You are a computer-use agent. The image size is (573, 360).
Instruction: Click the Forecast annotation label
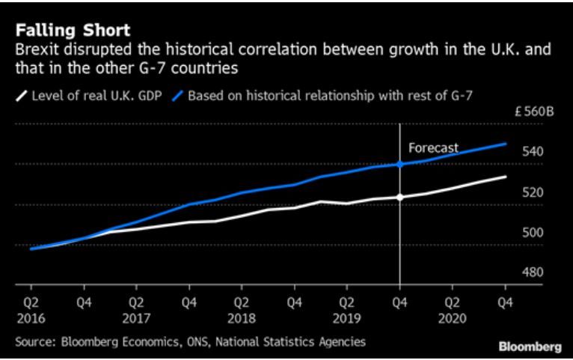coord(433,148)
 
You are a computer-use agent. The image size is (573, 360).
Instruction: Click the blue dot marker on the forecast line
coord(400,164)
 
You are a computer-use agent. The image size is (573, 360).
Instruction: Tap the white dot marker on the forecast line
coord(400,198)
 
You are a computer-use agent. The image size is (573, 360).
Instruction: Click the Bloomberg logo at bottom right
coord(530,347)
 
